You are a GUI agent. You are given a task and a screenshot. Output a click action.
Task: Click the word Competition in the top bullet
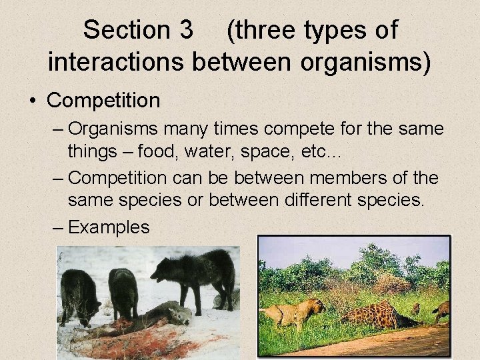104,100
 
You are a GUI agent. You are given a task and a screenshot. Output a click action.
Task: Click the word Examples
109,227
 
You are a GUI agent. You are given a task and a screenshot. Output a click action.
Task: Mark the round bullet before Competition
32,101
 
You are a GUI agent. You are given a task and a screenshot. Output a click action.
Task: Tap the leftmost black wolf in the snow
79,291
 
